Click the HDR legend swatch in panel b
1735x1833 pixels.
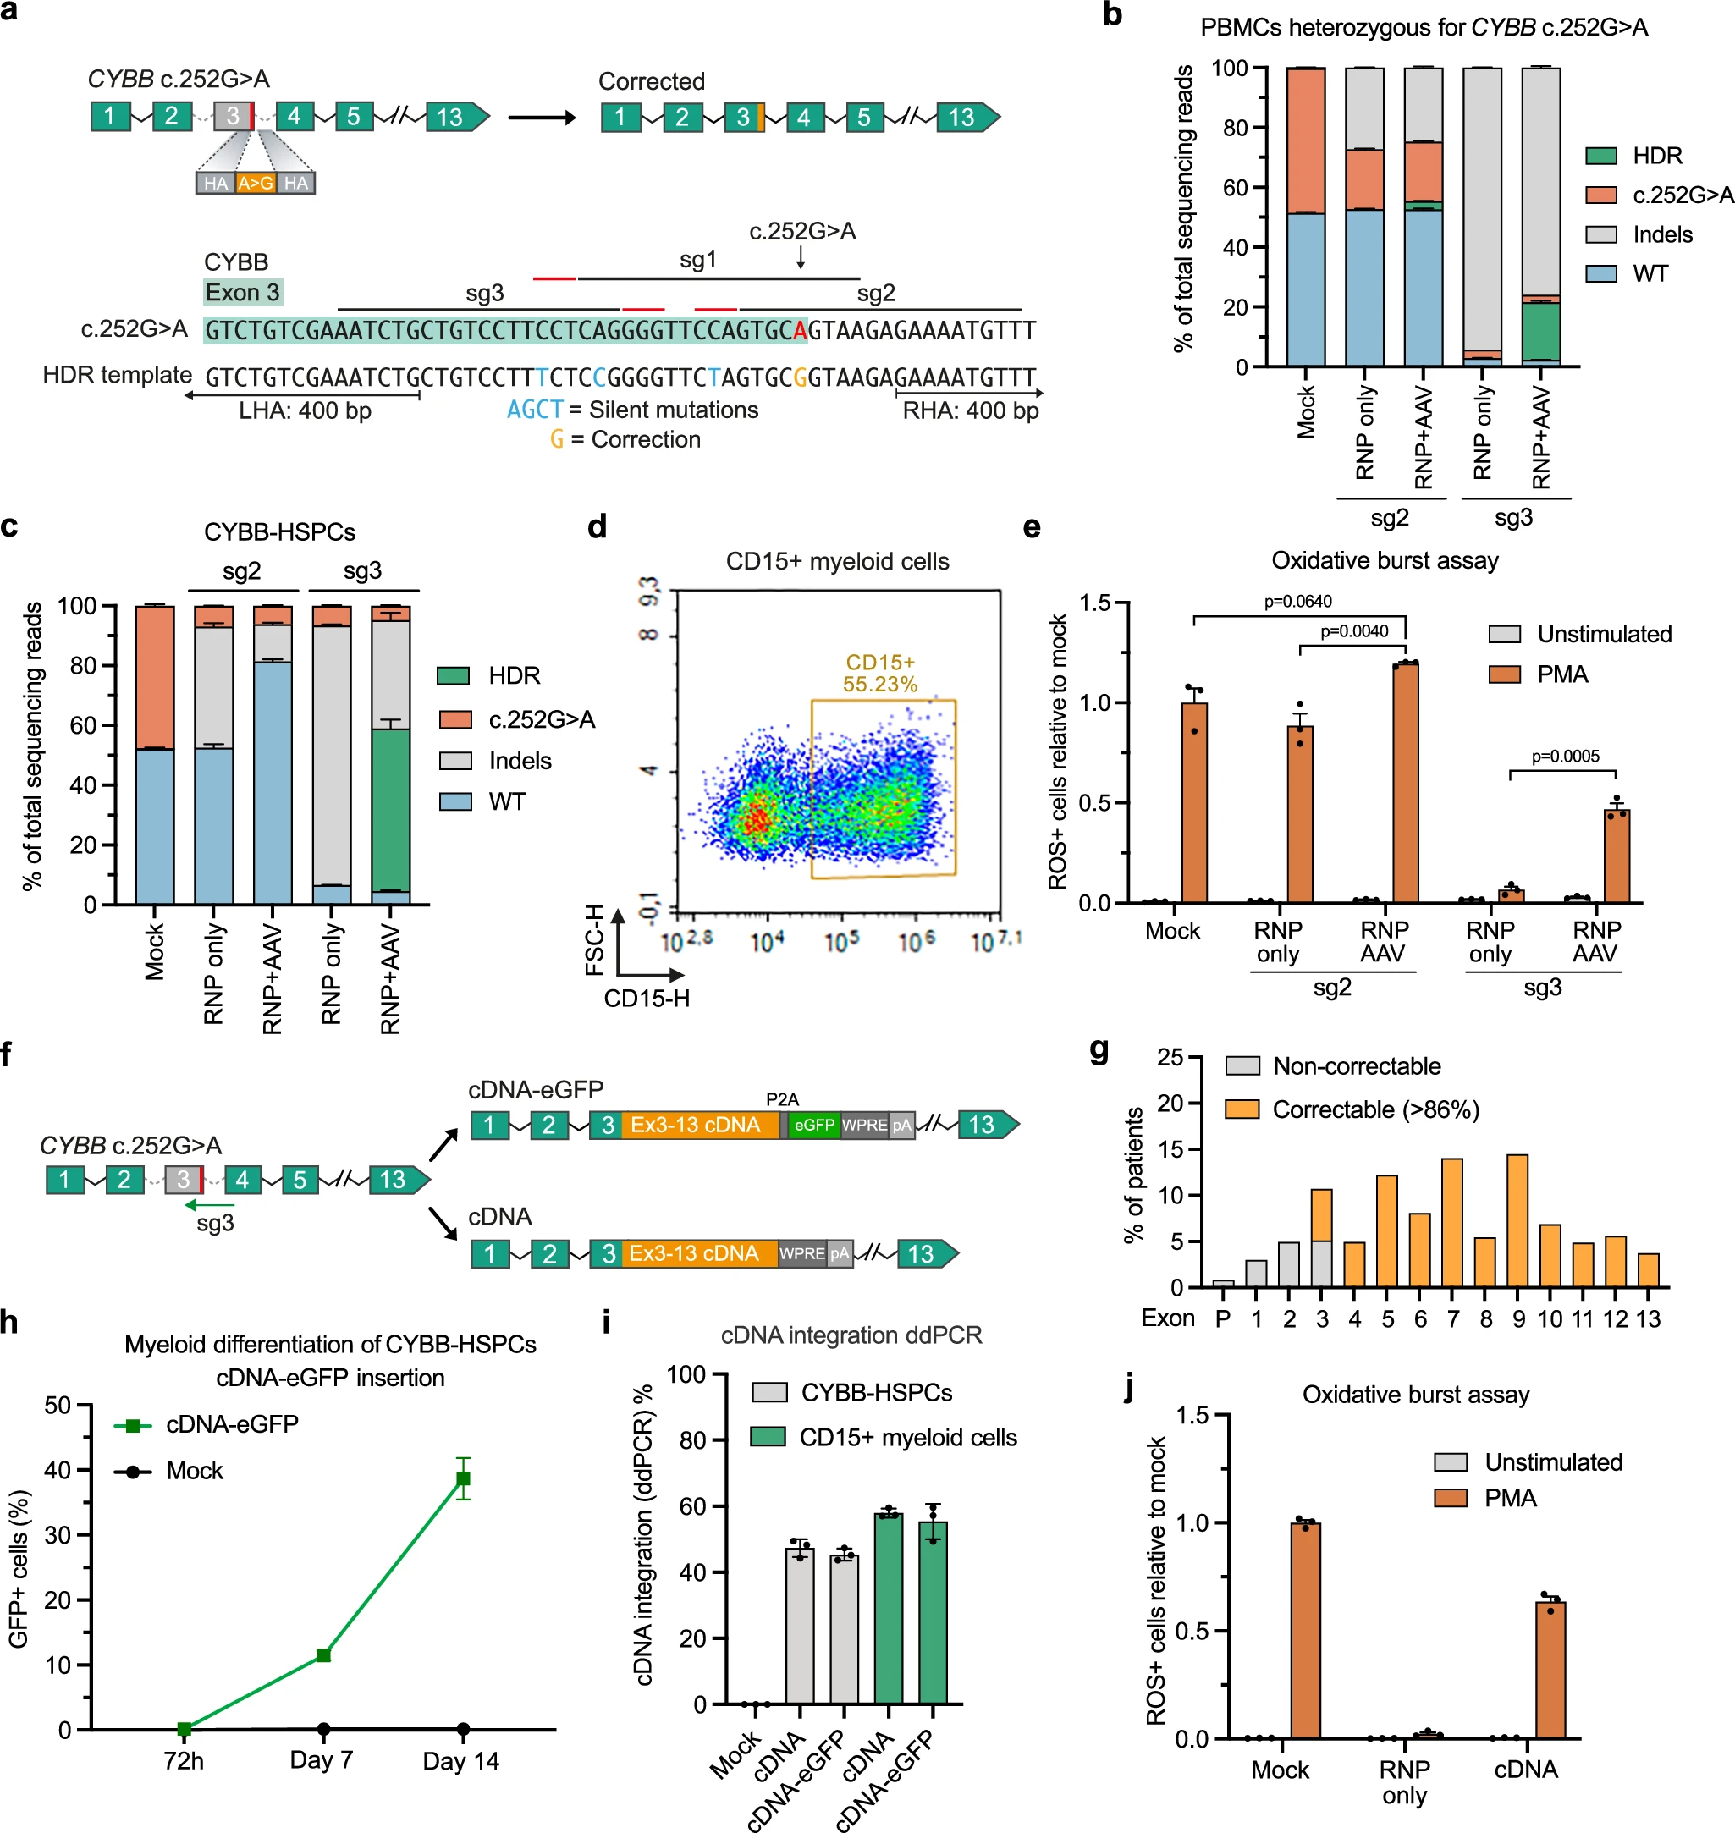pos(1601,156)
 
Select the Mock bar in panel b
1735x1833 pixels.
pos(1305,217)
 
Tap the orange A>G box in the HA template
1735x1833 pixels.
pos(256,183)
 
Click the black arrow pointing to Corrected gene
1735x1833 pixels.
pos(542,118)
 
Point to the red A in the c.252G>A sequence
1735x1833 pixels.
pos(800,331)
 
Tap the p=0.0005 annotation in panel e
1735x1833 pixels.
pos(1565,757)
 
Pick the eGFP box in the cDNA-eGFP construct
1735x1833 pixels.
pos(814,1125)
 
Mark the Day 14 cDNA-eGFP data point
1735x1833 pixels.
pos(463,1478)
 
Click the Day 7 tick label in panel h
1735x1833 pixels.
pos(321,1760)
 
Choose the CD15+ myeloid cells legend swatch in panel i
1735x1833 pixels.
pos(768,1436)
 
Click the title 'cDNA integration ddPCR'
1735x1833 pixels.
pos(851,1335)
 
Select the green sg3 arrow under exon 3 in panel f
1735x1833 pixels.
pos(210,1205)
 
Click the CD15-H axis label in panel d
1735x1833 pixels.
pos(647,999)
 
